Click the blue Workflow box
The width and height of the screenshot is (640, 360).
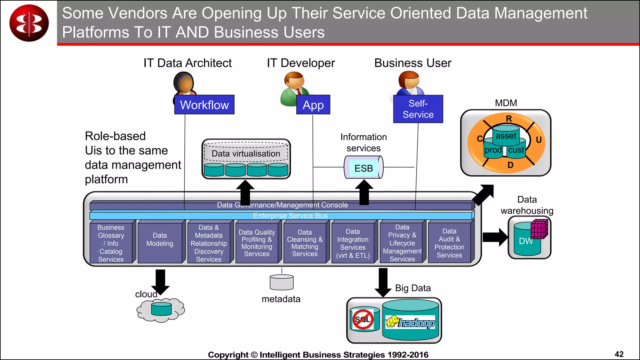pos(204,105)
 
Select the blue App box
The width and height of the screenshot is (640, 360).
pos(313,105)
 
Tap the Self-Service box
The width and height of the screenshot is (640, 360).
pos(418,109)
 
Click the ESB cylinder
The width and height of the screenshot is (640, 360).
pos(364,167)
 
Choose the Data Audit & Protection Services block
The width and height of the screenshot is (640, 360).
pos(449,243)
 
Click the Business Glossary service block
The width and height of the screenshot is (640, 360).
pos(111,243)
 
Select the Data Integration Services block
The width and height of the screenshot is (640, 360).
pos(353,243)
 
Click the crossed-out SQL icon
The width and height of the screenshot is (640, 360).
pos(363,319)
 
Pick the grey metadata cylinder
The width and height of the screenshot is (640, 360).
pos(282,282)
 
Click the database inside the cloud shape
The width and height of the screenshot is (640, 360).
pos(161,309)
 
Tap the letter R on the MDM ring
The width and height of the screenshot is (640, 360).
pos(509,119)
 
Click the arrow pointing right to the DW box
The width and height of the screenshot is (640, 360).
pos(495,237)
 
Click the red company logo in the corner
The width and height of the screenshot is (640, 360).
pos(29,23)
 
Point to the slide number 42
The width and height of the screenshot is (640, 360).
pos(619,354)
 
